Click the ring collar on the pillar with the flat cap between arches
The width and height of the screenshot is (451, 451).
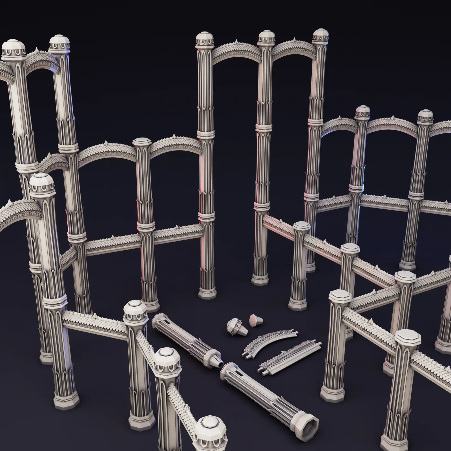146,225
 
